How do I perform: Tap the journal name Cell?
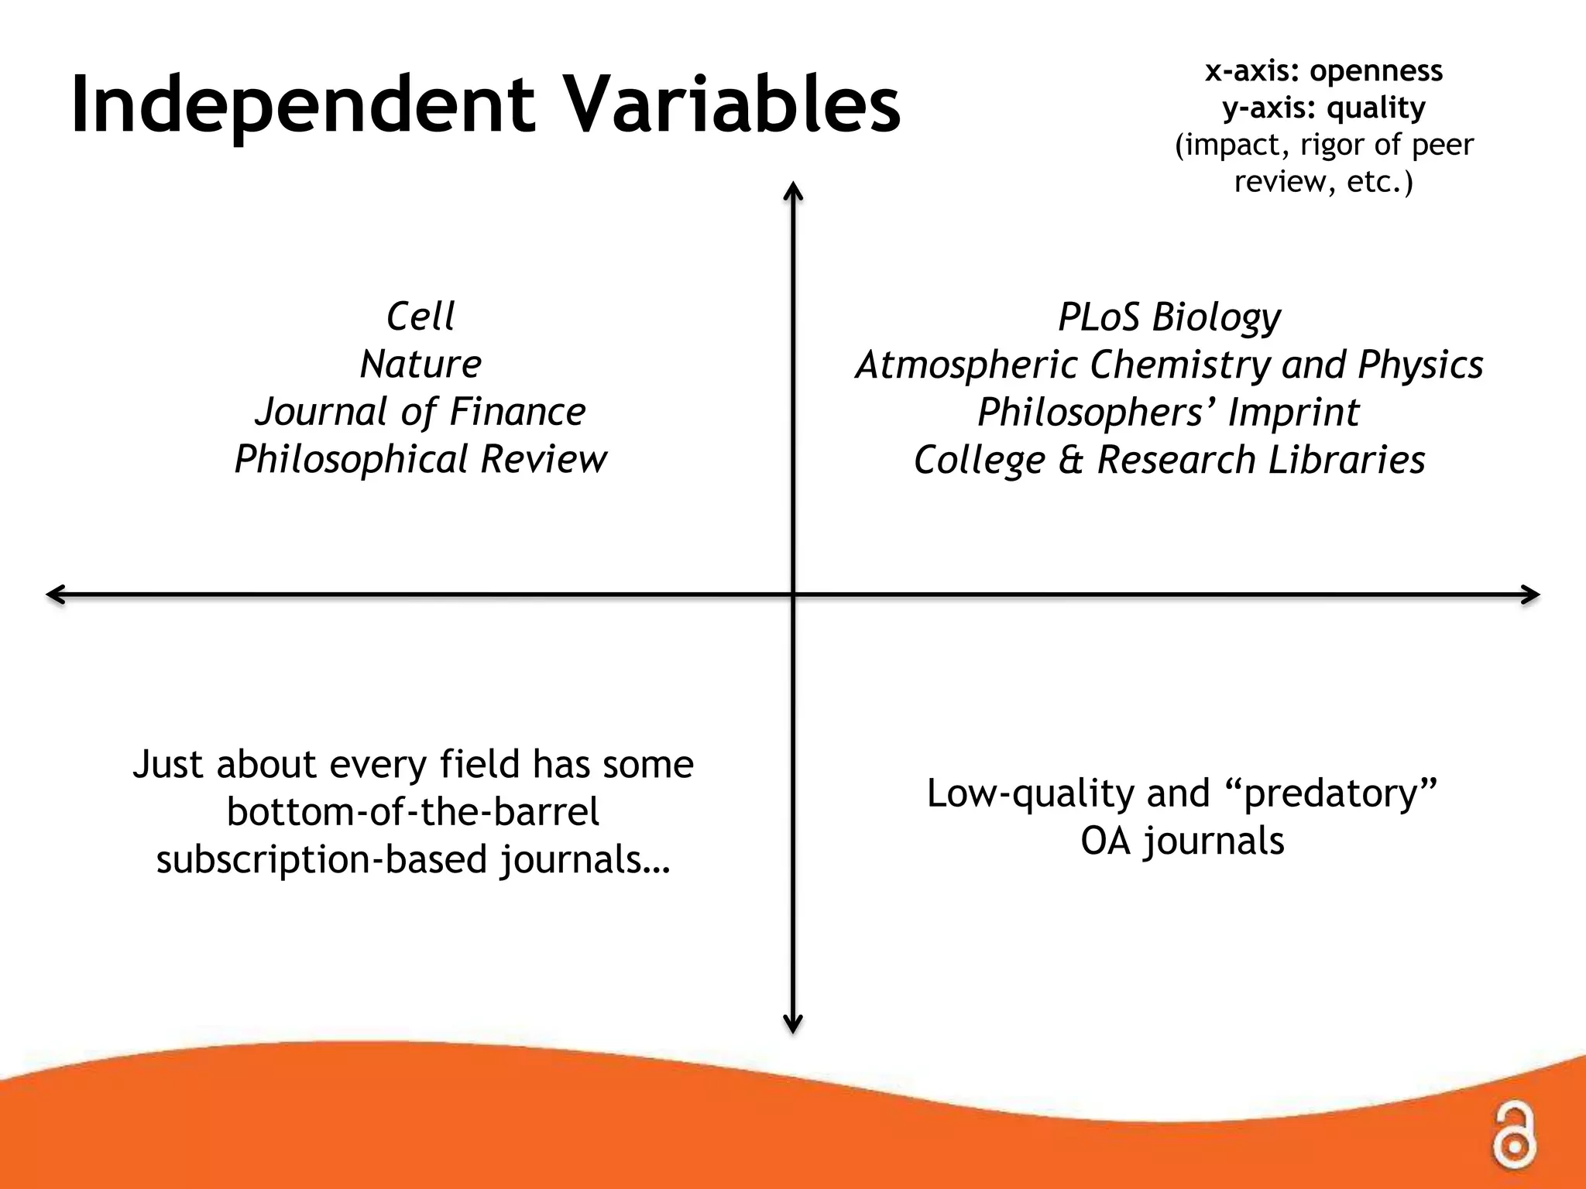[421, 316]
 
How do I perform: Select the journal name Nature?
[421, 364]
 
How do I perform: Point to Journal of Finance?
[421, 412]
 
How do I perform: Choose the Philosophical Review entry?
[421, 459]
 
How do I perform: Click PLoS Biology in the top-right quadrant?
[1169, 317]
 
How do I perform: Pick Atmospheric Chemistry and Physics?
[1169, 365]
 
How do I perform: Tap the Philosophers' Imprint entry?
[1169, 412]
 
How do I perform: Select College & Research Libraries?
[1169, 460]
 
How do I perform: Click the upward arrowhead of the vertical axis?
[792, 190]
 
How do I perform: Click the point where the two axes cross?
[793, 594]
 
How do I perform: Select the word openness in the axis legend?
[1376, 71]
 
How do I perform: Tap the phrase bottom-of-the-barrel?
[413, 812]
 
